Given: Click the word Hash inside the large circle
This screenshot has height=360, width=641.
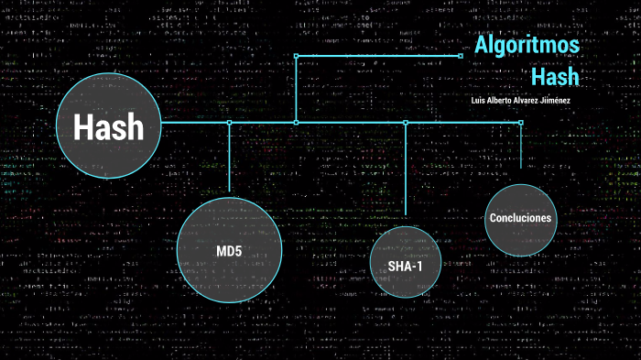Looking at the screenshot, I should (109, 127).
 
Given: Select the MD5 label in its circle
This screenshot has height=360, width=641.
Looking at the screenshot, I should (229, 250).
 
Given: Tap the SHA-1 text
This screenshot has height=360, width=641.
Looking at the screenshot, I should (405, 266).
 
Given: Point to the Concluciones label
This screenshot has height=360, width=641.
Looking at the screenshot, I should (520, 218).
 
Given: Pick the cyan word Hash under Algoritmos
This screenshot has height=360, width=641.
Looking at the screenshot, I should (555, 76).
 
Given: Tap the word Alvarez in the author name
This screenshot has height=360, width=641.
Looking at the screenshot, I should (531, 100).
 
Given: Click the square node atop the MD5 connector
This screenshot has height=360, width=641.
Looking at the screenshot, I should (229, 122).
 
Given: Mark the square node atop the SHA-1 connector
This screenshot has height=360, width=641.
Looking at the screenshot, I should (405, 122).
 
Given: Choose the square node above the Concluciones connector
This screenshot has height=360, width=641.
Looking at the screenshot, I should (520, 122).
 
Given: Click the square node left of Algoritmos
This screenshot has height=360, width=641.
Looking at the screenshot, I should (460, 56).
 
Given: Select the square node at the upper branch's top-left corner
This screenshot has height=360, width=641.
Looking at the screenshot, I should (296, 56).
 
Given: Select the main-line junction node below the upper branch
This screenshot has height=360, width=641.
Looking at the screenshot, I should (296, 122).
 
